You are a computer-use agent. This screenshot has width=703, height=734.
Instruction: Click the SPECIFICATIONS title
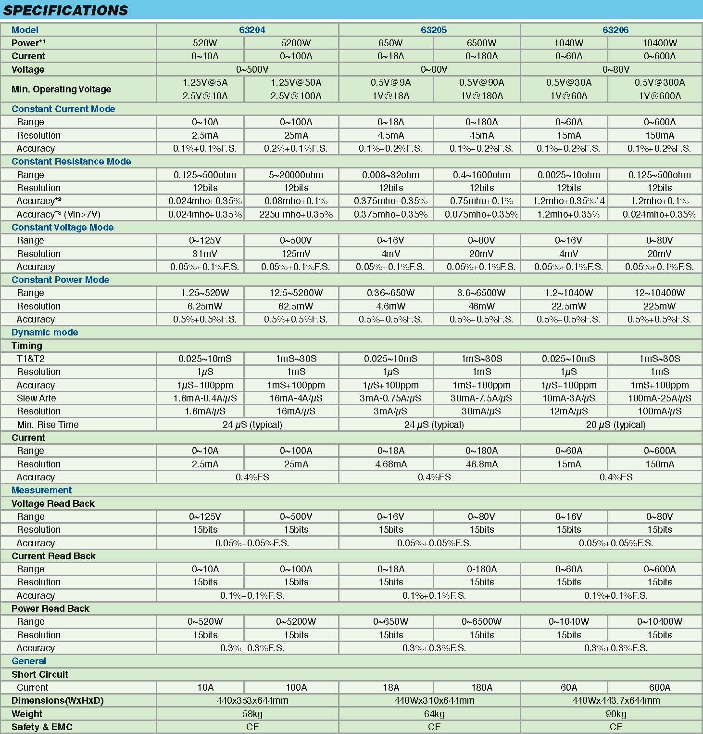tap(65, 10)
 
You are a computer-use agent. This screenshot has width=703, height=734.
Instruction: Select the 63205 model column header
tap(434, 30)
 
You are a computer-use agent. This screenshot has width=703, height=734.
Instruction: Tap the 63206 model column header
tap(615, 30)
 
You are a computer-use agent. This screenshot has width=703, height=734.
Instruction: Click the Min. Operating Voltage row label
tap(61, 89)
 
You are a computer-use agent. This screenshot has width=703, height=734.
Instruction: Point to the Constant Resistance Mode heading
tap(71, 161)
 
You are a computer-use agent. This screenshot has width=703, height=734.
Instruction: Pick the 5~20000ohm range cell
tap(296, 175)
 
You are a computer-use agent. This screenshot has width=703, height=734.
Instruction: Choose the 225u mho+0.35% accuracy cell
tap(296, 214)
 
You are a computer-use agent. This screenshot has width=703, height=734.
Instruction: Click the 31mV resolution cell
tap(205, 254)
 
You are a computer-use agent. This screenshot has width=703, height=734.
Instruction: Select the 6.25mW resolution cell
tap(205, 306)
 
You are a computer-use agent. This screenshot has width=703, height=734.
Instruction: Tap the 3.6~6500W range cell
tap(481, 293)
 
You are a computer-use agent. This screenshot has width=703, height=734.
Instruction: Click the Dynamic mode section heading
tap(45, 332)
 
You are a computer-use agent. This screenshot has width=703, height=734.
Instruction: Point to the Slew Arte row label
tap(37, 398)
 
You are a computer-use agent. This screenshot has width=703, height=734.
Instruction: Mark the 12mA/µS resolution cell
tap(569, 411)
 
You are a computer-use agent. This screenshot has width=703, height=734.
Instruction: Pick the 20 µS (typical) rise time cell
tap(615, 425)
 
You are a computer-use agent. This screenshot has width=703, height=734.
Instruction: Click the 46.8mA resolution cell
tap(481, 464)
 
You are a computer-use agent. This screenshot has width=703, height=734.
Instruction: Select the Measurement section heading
tap(41, 490)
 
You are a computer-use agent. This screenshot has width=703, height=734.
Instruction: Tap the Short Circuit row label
tap(40, 674)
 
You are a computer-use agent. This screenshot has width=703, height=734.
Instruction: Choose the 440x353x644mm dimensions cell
tap(252, 700)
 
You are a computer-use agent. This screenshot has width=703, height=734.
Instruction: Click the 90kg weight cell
tap(615, 714)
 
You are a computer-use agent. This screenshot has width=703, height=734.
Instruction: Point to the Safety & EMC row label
tap(42, 727)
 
